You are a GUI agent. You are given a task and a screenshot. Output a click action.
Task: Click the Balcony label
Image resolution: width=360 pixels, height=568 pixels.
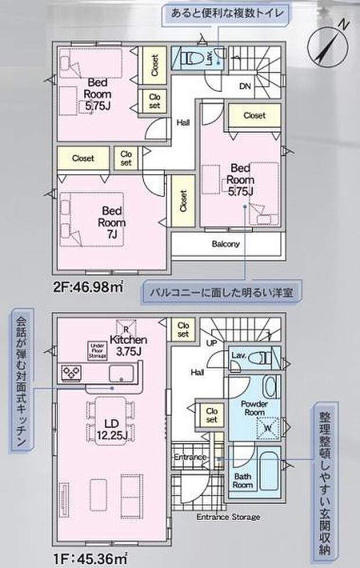point(225,245)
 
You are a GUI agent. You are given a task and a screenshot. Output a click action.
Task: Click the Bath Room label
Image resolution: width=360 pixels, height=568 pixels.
point(243,481)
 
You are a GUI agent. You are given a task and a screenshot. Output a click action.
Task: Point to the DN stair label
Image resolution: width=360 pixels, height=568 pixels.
point(245,87)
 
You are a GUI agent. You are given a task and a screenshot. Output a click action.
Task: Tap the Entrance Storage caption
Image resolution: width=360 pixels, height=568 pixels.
point(228,517)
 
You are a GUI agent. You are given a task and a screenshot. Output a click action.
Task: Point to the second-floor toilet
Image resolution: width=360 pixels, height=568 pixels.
point(192,59)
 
